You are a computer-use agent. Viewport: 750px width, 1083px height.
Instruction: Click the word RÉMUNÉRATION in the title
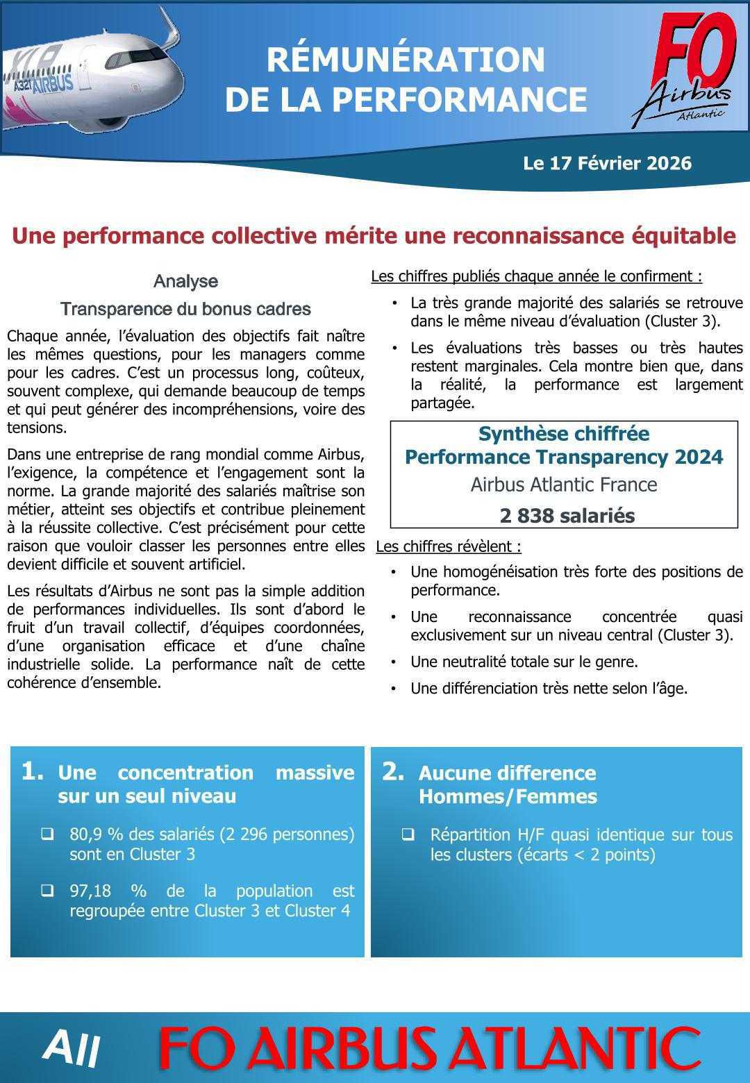coord(406,60)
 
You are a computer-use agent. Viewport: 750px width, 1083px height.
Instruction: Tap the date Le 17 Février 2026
coord(607,163)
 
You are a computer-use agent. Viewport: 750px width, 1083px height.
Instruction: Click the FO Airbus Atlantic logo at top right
coord(684,69)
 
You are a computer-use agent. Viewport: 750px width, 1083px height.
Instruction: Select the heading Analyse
coord(185,281)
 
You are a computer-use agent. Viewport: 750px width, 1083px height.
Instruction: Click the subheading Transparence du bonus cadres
coord(185,309)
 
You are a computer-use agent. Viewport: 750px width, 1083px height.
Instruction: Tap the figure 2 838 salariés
coord(567,516)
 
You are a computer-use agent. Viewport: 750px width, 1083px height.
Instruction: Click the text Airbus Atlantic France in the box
coord(563,484)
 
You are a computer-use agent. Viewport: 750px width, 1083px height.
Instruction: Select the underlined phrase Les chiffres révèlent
coord(448,546)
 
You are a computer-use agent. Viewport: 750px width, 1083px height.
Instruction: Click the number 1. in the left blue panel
coord(33,771)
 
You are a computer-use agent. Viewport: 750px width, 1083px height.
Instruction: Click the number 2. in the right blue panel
coord(393,771)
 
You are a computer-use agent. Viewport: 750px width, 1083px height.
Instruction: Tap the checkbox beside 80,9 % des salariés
coord(47,834)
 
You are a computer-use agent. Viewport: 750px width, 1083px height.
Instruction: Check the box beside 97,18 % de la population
coord(47,891)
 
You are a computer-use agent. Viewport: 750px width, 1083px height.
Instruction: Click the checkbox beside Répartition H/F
coord(408,834)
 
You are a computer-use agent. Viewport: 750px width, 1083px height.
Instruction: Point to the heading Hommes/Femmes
coord(508,796)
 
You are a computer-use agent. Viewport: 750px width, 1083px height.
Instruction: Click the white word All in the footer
coord(71,1048)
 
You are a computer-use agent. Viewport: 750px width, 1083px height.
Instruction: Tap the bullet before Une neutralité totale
coord(394,662)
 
